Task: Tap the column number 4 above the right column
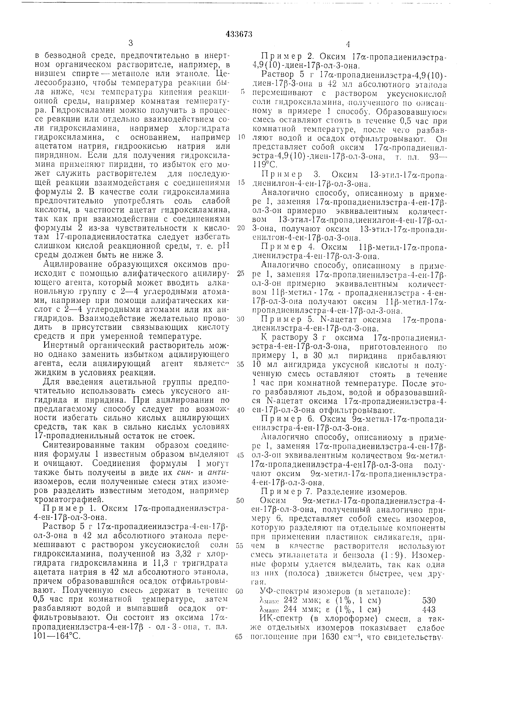(x=348, y=44)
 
